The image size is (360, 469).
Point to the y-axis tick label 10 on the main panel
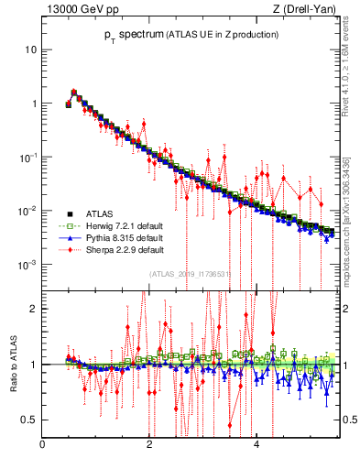click(30, 49)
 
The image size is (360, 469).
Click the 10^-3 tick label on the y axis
click(28, 265)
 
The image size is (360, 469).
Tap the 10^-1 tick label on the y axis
click(28, 157)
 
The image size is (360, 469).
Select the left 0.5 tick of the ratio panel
click(30, 420)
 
